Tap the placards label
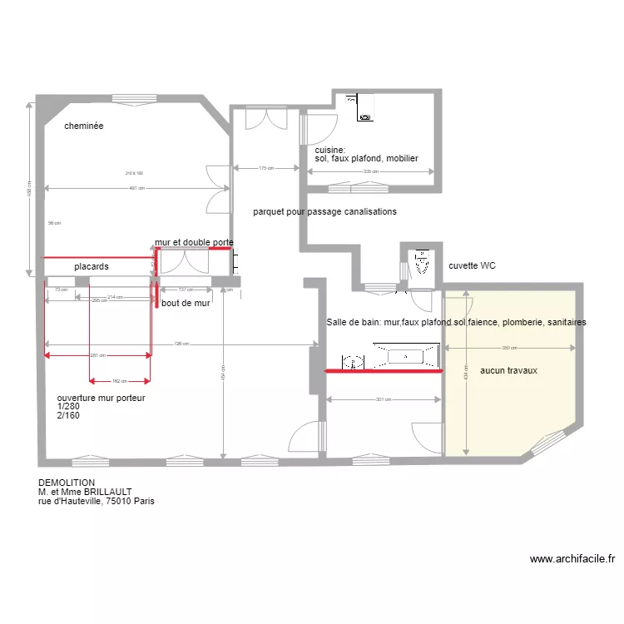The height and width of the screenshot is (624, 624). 92,266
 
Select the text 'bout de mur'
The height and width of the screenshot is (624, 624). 186,304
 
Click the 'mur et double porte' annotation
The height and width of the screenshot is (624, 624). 194,242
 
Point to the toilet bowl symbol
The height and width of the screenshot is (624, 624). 422,264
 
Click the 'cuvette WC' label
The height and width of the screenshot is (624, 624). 472,266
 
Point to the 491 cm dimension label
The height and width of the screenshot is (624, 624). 136,188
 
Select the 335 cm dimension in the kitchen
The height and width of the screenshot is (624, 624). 370,172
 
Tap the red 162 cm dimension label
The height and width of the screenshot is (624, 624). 120,382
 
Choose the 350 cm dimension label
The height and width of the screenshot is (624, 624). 510,348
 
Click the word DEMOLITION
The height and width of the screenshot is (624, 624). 67,483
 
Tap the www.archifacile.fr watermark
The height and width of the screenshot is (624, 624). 572,559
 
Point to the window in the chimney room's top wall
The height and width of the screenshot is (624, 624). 136,97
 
